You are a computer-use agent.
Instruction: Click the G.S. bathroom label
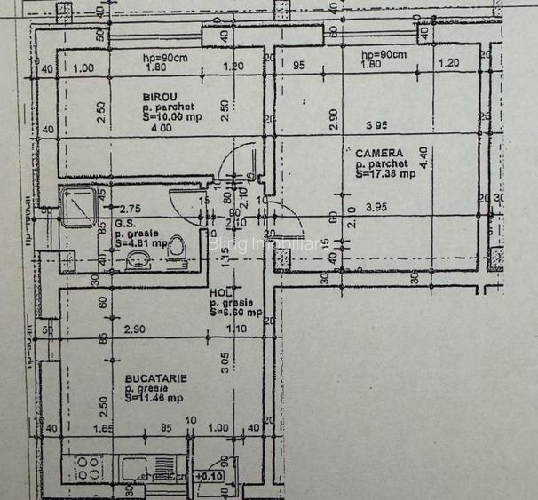125,225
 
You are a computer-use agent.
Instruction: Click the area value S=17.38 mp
385,174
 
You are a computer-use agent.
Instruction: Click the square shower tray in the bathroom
83,208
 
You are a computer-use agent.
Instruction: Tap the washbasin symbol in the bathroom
137,260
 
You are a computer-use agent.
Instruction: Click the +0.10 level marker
210,477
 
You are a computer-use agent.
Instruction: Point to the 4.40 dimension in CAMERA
425,157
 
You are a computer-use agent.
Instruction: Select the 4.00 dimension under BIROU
161,129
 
